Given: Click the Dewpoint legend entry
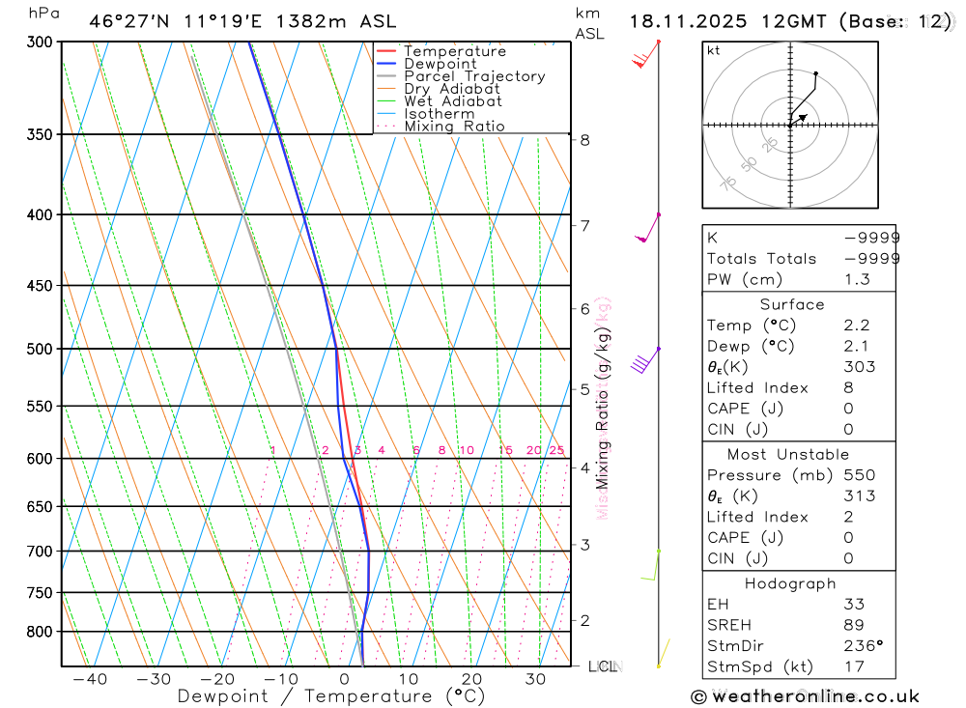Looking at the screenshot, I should pos(440,64).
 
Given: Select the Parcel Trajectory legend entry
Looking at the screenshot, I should pos(474,76).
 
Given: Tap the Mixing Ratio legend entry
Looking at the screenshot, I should pos(454,127).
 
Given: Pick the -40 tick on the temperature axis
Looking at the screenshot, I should pos(90,679).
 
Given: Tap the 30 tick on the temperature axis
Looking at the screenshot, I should pos(535,679).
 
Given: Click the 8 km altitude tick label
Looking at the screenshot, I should pos(584,140).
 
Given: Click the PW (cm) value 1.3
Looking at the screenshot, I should pos(856,280).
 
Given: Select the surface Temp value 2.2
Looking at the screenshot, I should pos(856,326).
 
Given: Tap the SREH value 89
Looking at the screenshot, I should pos(853,625).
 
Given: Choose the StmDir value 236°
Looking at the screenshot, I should pos(863,646).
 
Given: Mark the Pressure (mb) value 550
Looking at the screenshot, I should pos(859,475).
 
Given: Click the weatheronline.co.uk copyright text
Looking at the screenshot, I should pos(805,696).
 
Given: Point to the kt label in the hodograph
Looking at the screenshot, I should pos(713,50).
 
